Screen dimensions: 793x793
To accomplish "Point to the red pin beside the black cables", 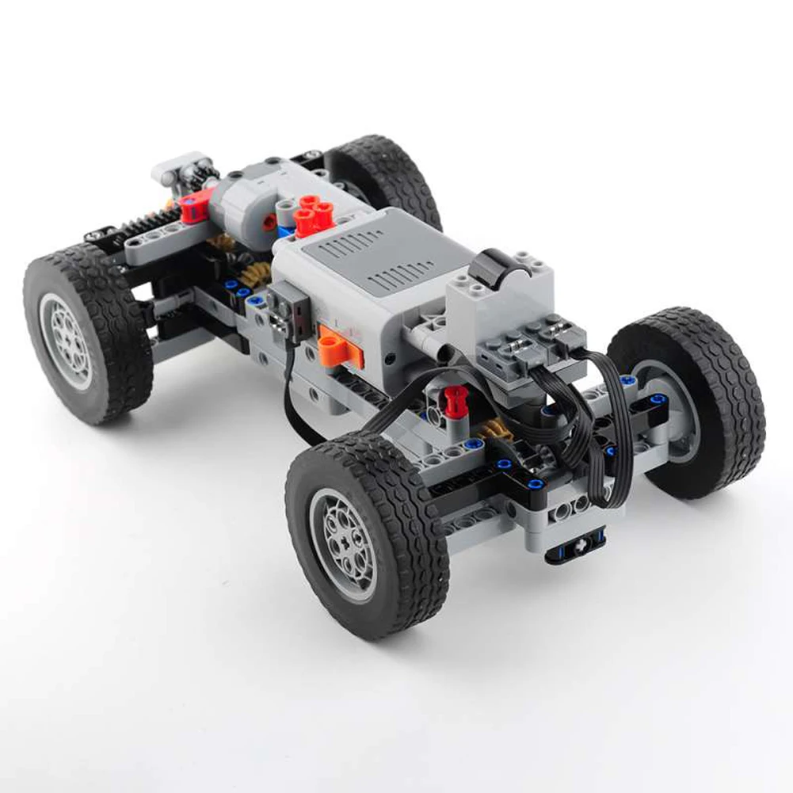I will (453, 399).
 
